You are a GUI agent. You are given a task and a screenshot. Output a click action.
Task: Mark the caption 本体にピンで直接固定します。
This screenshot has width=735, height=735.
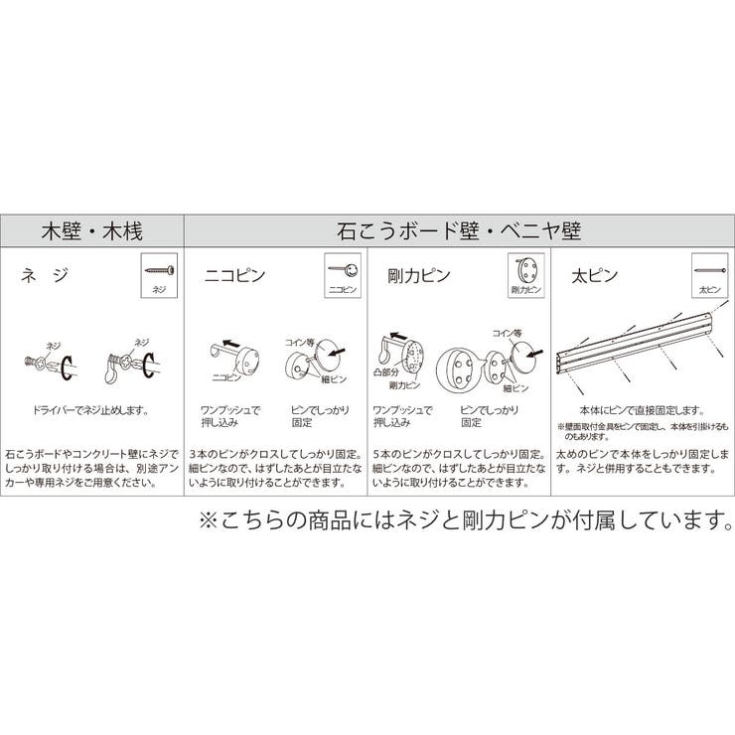click(642, 409)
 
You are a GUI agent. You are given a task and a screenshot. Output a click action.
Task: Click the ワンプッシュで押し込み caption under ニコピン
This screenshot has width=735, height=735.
click(229, 415)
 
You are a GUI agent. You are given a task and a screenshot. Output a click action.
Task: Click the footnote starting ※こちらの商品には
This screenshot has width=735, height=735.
click(465, 519)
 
